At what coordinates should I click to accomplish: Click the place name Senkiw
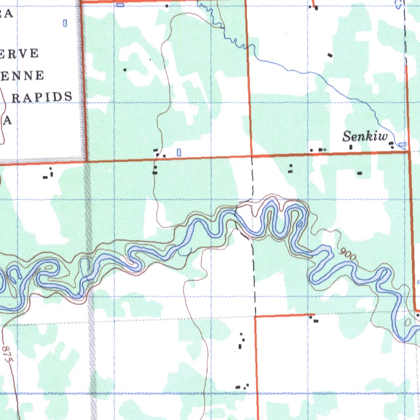pos(365,136)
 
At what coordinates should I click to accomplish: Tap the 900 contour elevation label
pos(348,255)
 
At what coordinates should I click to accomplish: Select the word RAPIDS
pos(42,97)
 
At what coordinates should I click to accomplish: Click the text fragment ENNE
pos(22,75)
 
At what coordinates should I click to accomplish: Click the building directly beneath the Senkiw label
pos(351,147)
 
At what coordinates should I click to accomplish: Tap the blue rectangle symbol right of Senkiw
pos(402,144)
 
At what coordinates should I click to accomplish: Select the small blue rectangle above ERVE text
pos(64,23)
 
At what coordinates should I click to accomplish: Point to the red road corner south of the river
pos(255,316)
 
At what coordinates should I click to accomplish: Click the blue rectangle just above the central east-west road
pos(178,152)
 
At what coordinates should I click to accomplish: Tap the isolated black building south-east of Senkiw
pos(360,173)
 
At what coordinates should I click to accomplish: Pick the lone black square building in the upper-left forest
pos(125,70)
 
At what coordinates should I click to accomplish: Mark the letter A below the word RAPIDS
pos(7,121)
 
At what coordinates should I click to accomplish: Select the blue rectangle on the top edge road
pos(120,5)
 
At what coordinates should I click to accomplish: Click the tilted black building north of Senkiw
pos(330,55)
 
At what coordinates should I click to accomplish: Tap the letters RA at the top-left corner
pos(6,14)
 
